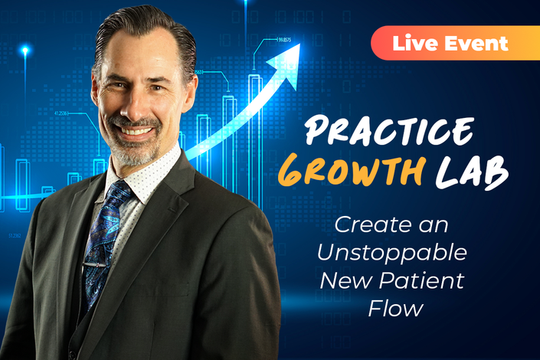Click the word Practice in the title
pos(389,130)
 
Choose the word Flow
pos(395,308)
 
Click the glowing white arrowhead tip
pos(299,44)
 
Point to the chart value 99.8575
pos(284,40)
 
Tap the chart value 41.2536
pos(61,113)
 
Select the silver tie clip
pos(93,266)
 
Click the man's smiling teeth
pos(137,131)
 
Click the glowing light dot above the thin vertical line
pos(25,51)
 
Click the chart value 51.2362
pos(15,236)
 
